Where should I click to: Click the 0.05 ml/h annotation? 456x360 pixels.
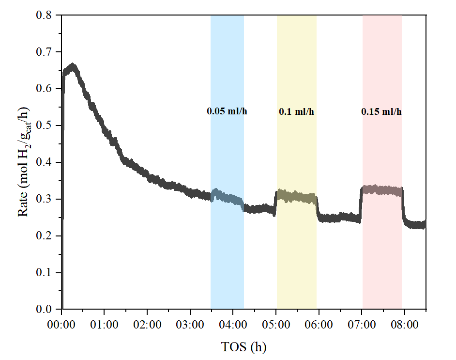pos(227,111)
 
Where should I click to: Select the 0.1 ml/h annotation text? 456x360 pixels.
pos(296,111)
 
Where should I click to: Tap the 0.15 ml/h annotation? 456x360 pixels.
pos(381,111)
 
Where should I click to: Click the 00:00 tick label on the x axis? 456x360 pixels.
pos(61,323)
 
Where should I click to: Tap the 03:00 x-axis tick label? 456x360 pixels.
pos(190,323)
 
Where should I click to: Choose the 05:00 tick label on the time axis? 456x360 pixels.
pos(276,323)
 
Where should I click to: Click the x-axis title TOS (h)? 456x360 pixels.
pos(243,347)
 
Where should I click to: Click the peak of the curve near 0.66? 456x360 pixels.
pos(73,66)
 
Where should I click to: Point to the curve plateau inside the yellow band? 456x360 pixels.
pos(296,197)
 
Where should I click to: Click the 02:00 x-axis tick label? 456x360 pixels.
pos(147,323)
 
